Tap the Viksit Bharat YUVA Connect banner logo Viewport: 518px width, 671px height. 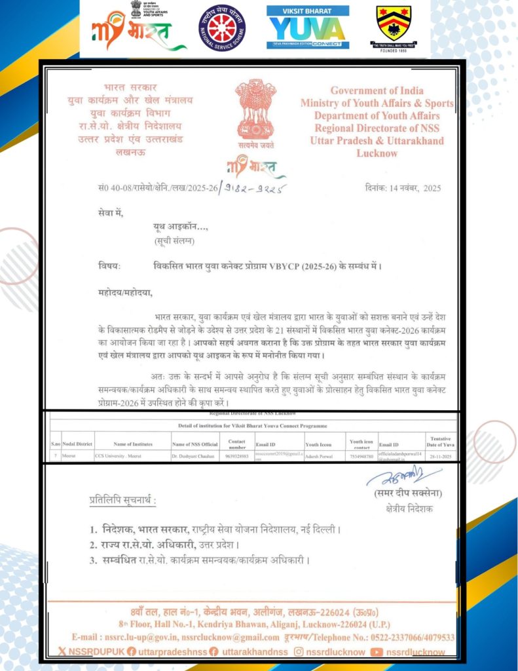click(308, 28)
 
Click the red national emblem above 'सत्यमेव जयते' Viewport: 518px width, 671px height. click(256, 107)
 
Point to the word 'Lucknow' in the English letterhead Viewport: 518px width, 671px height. click(377, 153)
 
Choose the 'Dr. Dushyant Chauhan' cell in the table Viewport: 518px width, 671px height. click(196, 455)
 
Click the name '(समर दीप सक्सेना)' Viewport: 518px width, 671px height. click(399, 493)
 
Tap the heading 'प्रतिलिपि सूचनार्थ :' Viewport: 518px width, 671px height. click(122, 501)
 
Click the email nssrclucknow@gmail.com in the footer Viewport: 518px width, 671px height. click(230, 637)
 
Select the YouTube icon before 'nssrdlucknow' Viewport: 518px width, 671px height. click(376, 652)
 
